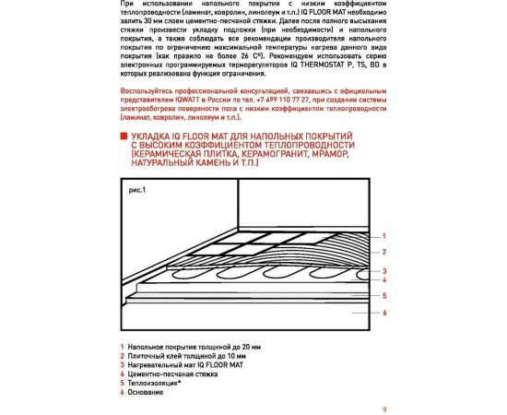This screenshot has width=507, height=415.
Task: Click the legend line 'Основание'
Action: click(x=145, y=393)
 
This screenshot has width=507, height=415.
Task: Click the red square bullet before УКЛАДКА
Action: click(x=124, y=136)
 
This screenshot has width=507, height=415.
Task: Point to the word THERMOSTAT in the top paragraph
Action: click(x=316, y=65)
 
